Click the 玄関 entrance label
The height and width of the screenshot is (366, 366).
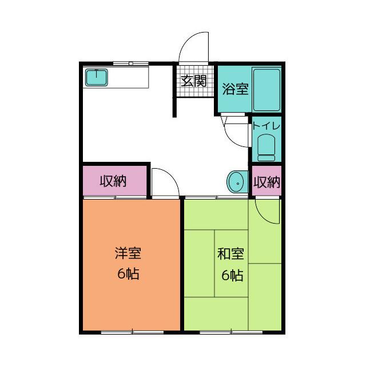coord(194,81)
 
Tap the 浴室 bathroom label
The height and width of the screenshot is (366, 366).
coord(235,89)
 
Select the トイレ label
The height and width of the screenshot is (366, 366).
coord(266,126)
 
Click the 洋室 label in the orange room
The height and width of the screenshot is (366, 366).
coord(128,253)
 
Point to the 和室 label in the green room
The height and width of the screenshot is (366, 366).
coord(230,254)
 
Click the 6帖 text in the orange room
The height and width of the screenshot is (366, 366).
coord(128,274)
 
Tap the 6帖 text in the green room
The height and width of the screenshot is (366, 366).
coord(232,275)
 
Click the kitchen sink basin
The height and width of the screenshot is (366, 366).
coord(97,77)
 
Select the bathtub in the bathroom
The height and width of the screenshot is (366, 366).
coord(266,90)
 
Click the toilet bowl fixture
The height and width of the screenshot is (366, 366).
coord(266,148)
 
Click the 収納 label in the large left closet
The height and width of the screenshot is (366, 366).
coord(113,181)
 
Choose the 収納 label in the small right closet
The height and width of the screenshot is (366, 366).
coord(267,182)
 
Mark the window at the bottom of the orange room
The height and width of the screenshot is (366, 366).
coord(132,332)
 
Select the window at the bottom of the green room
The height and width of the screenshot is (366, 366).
coord(231,332)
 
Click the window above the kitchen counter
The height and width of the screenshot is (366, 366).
coord(131,63)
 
